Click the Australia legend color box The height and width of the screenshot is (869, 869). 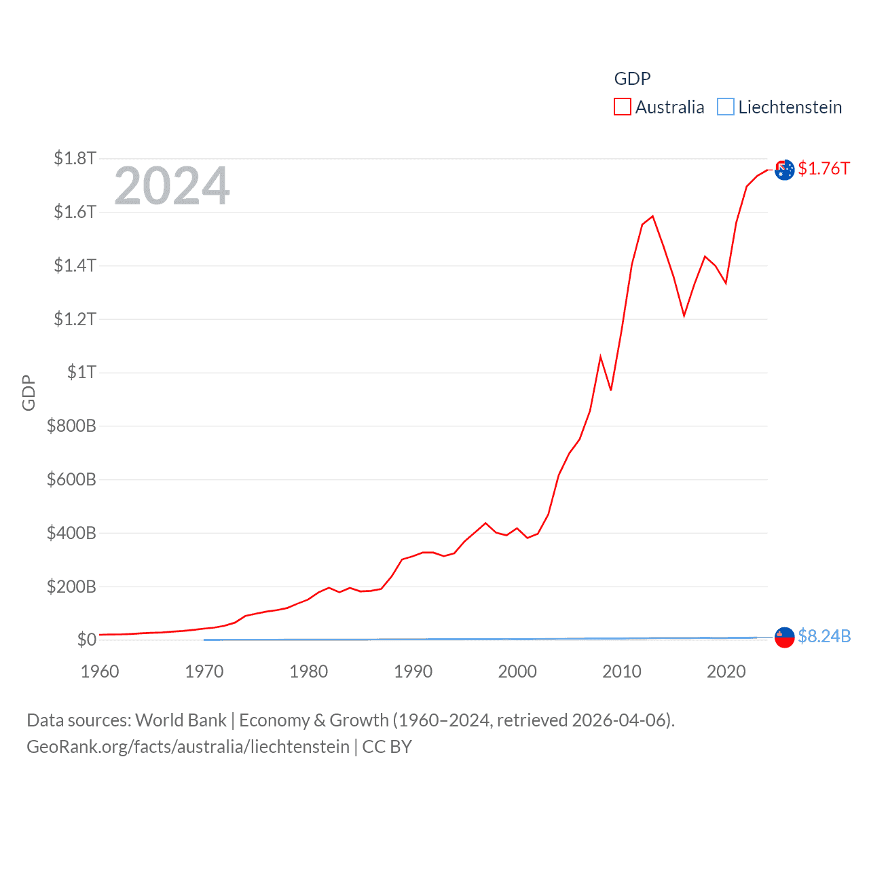point(622,107)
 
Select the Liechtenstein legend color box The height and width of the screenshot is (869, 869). point(726,107)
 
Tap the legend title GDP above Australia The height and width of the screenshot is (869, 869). point(632,79)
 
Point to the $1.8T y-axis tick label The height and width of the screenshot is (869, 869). point(75,158)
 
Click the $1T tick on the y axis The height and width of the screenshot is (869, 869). point(81,372)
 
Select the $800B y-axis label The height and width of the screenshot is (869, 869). point(71,426)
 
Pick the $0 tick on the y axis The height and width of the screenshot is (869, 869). point(86,640)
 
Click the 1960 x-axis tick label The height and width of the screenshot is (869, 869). point(100,671)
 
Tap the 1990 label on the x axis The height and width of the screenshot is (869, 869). point(413,671)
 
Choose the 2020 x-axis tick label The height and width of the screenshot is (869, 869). point(726,671)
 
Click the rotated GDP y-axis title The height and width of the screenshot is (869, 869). point(29,392)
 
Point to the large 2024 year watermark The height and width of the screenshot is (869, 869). point(172,185)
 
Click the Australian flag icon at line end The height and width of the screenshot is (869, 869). point(784,170)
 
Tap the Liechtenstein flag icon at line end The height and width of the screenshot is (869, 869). point(784,637)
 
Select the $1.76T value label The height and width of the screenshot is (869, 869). point(824,168)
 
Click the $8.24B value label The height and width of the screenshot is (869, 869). point(824,636)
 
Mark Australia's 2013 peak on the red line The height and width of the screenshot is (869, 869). point(652,217)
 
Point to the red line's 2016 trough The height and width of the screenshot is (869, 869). point(684,315)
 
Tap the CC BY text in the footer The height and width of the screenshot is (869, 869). point(387,747)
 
